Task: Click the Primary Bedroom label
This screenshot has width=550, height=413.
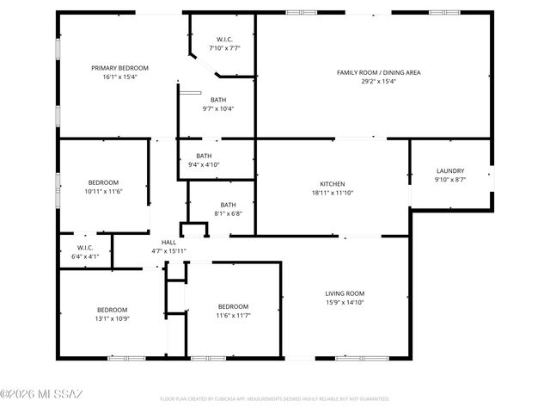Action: (120, 68)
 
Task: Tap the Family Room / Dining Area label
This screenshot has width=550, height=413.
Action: (378, 72)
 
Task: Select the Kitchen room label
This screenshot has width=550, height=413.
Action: (333, 184)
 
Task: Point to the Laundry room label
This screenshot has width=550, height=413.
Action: (450, 171)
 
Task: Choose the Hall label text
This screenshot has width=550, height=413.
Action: (168, 243)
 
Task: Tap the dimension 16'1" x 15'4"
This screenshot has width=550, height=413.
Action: (120, 77)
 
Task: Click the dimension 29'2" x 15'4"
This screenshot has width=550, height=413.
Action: (378, 82)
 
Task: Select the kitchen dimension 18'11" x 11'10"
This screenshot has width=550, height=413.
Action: (333, 194)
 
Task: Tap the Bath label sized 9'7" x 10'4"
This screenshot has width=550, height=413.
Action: (218, 100)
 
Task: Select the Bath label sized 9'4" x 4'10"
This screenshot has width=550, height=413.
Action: (204, 156)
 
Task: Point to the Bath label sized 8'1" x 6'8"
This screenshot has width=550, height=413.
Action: (228, 205)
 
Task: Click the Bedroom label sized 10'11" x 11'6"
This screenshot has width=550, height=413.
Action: (104, 182)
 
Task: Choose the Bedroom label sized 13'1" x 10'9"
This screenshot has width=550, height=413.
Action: (112, 310)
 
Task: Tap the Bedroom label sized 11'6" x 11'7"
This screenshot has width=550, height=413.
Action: (233, 306)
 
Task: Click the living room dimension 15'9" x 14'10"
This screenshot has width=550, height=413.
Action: (345, 303)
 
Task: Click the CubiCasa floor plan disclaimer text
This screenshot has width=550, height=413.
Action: (275, 399)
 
